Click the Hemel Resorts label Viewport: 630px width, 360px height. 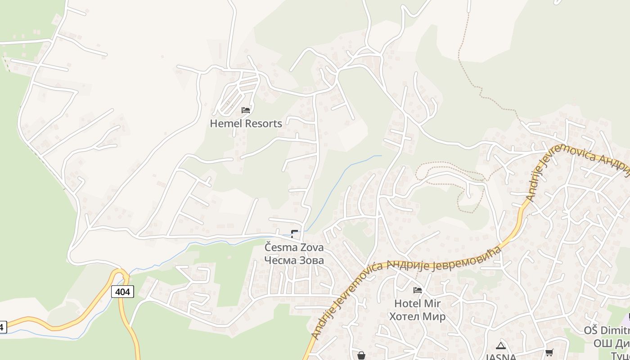[x=246, y=124]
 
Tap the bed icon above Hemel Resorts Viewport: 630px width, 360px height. [x=246, y=110]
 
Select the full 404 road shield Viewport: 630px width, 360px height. [x=122, y=292]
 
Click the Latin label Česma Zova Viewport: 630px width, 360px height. [x=294, y=247]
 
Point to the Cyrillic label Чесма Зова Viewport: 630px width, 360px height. [x=294, y=260]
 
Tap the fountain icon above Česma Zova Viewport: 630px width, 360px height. [x=294, y=233]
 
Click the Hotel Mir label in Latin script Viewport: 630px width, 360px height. [x=418, y=304]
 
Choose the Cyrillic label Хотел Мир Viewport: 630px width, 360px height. [x=417, y=316]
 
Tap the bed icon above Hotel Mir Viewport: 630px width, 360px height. [x=418, y=290]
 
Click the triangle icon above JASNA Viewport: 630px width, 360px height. [x=500, y=346]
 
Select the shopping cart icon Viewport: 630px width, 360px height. [x=549, y=352]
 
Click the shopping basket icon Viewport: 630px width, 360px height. [x=361, y=355]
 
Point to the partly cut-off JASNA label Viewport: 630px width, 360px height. [x=500, y=357]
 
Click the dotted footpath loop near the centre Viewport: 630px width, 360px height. [x=450, y=173]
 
